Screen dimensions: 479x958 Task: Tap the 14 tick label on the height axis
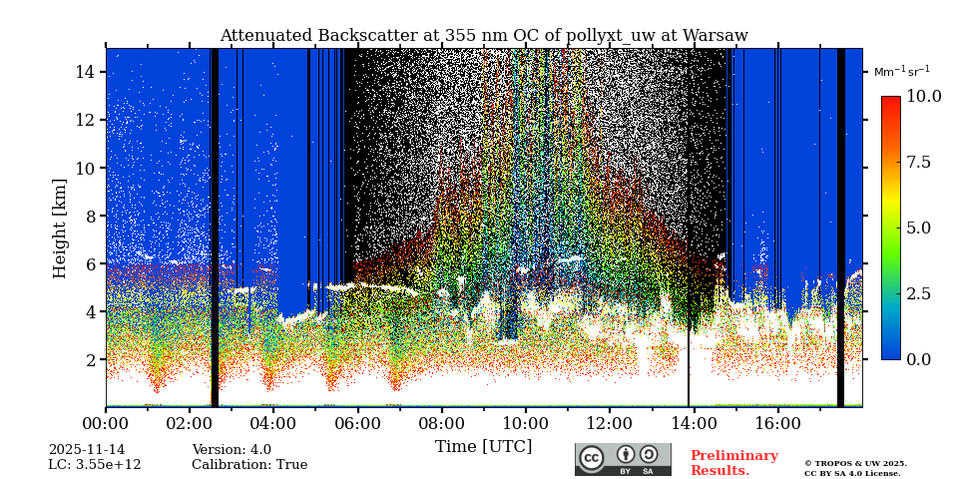coord(85,72)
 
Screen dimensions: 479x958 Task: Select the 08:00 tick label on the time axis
coord(441,423)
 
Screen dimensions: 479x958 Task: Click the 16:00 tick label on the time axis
coord(776,423)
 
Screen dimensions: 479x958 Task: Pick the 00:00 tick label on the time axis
coord(106,423)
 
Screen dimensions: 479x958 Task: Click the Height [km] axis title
coord(60,228)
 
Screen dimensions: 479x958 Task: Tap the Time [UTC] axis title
coord(483,447)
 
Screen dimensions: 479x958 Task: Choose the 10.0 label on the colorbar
coord(923,97)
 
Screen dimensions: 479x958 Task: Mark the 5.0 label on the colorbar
coord(918,228)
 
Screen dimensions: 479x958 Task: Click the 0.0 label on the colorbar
coord(918,359)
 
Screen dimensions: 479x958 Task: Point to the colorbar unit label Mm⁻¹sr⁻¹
coord(901,72)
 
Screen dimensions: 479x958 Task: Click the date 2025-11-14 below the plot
coord(87,450)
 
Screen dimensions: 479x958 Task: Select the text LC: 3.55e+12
coord(95,465)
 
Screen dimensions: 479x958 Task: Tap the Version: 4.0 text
coord(232,450)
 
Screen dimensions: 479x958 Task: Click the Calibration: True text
coord(249,465)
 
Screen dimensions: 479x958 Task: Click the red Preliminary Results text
coord(733,463)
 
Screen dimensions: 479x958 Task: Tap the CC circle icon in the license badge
coord(592,457)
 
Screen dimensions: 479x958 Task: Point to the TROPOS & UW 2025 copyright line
coord(855,463)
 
